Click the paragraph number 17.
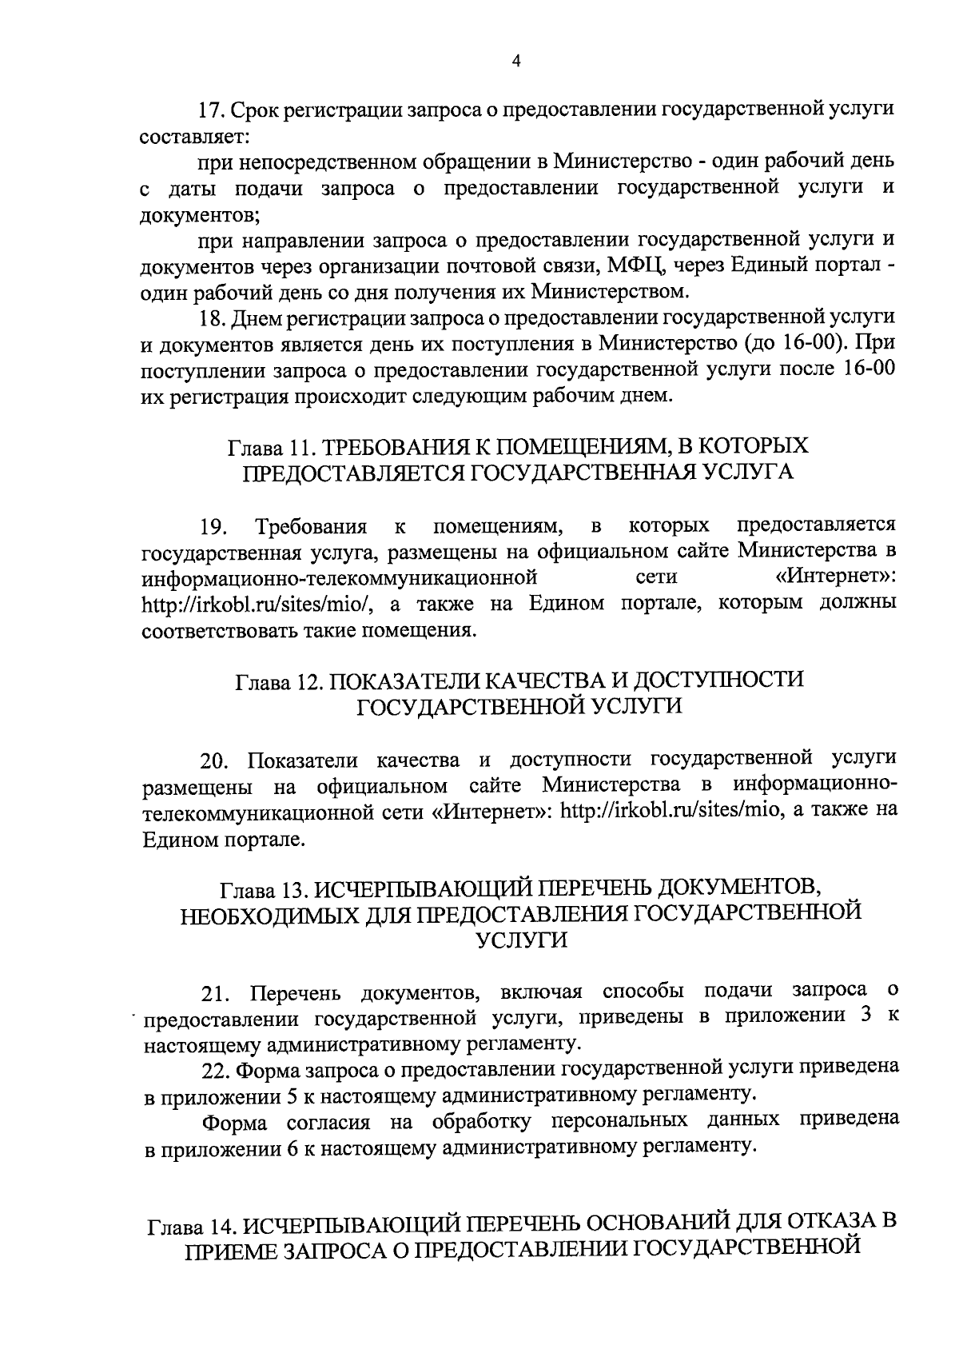[213, 110]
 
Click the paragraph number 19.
[214, 526]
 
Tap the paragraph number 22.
[216, 1070]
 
